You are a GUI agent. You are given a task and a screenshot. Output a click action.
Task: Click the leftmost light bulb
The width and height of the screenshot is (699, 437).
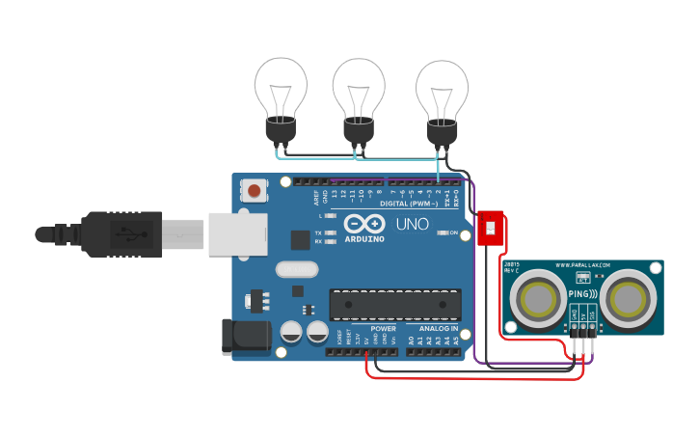click(281, 96)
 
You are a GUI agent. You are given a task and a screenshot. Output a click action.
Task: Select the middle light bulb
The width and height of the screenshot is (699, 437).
click(359, 96)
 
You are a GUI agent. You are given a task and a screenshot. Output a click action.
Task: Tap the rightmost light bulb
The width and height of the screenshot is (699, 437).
click(442, 96)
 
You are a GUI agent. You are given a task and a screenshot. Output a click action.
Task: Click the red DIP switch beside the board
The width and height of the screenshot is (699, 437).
click(492, 229)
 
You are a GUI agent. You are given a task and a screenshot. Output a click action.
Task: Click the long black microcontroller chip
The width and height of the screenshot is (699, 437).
click(395, 304)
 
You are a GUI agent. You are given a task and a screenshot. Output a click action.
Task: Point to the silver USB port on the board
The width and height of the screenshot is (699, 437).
click(236, 233)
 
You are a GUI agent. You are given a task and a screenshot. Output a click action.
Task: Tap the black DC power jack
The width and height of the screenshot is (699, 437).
click(246, 335)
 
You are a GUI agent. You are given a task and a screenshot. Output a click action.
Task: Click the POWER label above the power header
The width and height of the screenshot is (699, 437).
click(383, 329)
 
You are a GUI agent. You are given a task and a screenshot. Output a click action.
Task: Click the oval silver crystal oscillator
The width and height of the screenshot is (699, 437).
click(296, 269)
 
